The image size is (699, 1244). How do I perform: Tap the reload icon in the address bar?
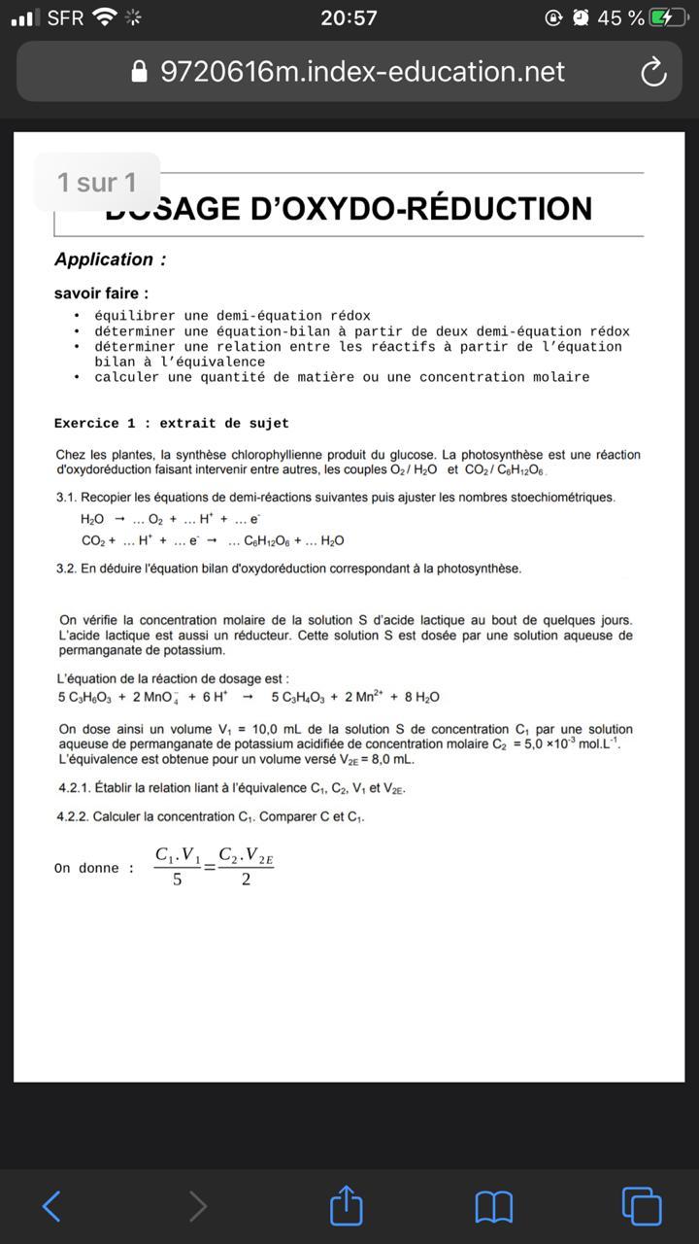tap(653, 72)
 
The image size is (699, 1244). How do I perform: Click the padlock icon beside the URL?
tap(139, 72)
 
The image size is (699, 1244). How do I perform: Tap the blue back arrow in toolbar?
tap(52, 1206)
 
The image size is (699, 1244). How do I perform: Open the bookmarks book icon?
tap(494, 1207)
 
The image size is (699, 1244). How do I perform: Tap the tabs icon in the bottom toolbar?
tap(641, 1206)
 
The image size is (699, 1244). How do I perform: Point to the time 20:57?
tap(349, 17)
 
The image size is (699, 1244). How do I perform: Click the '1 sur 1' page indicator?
tap(97, 183)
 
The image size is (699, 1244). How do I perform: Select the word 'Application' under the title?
tap(104, 259)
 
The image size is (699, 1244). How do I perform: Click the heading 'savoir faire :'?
tap(102, 293)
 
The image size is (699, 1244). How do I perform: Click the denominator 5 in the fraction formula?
tap(177, 880)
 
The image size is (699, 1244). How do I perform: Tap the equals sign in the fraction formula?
tap(210, 867)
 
